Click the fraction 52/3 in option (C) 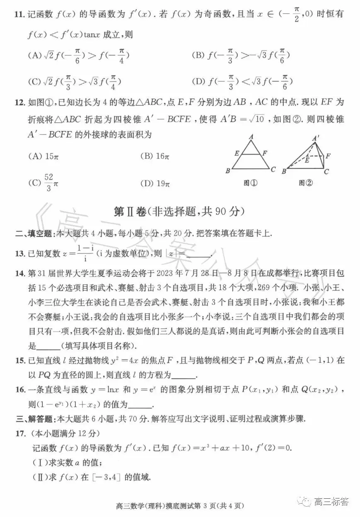[x=48, y=183]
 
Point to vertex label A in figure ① [x=251, y=136]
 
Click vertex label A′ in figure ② [x=317, y=138]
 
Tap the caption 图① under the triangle [x=251, y=183]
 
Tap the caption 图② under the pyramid [x=306, y=183]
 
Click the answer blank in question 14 [x=48, y=346]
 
